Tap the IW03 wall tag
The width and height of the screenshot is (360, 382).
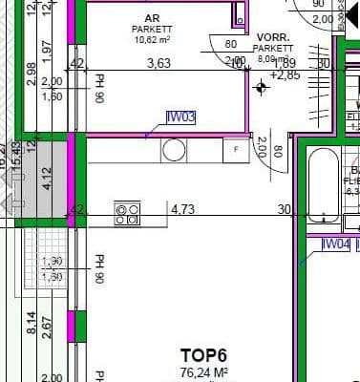pyautogui.click(x=180, y=117)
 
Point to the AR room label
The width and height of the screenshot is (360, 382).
pyautogui.click(x=152, y=19)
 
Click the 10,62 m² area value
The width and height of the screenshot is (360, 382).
pyautogui.click(x=152, y=41)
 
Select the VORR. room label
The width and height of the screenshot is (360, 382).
pyautogui.click(x=273, y=36)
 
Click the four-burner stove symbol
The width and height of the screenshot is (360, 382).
pyautogui.click(x=127, y=213)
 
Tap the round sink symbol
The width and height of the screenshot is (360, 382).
pyautogui.click(x=174, y=150)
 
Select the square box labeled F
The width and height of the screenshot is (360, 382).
pyautogui.click(x=235, y=150)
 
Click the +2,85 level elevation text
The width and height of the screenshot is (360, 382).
pyautogui.click(x=285, y=74)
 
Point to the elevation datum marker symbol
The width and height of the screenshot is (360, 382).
pyautogui.click(x=262, y=87)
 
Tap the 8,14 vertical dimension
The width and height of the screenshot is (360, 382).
pyautogui.click(x=32, y=325)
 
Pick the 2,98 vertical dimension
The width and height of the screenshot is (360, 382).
pyautogui.click(x=32, y=73)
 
